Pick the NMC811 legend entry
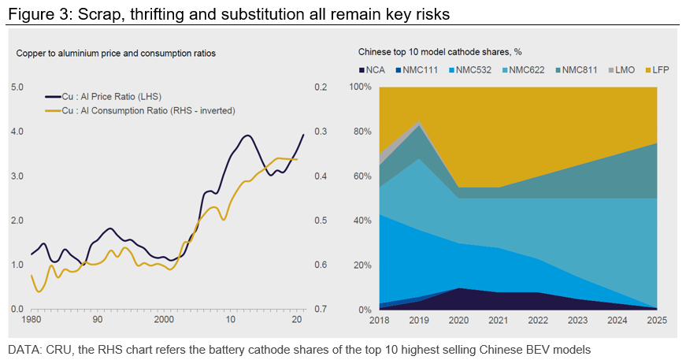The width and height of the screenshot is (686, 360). [577, 70]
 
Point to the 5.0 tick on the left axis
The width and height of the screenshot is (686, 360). [17, 87]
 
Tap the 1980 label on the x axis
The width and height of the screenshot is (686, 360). [32, 321]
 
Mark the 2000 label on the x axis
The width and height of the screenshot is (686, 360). [163, 321]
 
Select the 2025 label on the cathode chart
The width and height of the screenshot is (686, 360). [658, 321]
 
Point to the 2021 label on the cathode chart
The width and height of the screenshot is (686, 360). [498, 321]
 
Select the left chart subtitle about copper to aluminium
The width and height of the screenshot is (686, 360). [116, 53]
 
